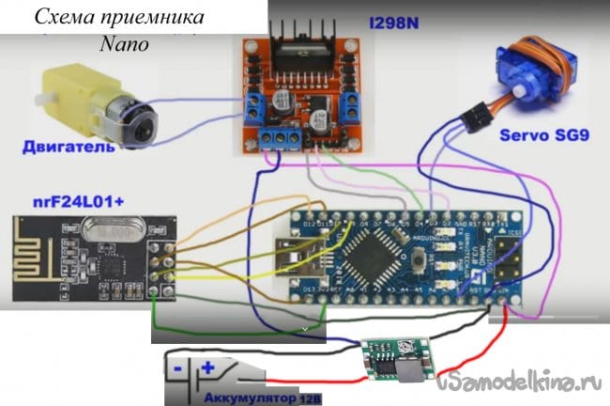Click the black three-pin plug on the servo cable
(x=474, y=119)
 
